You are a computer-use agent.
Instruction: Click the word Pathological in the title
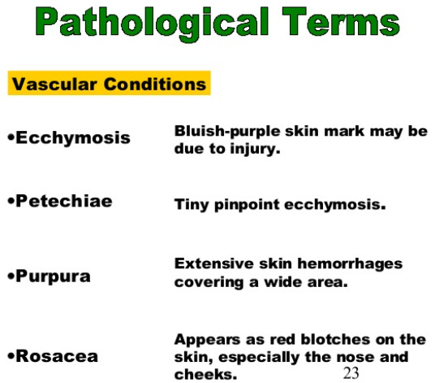[152, 24]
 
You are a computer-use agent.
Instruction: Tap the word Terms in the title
[341, 22]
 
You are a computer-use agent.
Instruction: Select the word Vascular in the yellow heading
[54, 84]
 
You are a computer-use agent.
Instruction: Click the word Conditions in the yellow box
[155, 84]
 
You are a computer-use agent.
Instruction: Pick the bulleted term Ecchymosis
[73, 138]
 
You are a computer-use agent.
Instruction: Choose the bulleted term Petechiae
[64, 201]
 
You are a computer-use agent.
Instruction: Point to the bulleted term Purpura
[53, 276]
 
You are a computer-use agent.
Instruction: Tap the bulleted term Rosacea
[57, 356]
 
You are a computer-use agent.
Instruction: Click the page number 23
[351, 372]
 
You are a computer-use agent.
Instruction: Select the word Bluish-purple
[227, 131]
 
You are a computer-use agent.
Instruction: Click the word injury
[255, 149]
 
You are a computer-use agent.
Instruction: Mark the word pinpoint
[247, 205]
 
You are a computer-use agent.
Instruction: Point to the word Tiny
[192, 205]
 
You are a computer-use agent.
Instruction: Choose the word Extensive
[214, 263]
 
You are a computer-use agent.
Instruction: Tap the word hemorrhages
[350, 264]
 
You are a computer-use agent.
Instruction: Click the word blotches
[335, 339]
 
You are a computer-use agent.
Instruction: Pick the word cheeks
[205, 374]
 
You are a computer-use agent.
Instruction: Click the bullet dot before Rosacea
[11, 355]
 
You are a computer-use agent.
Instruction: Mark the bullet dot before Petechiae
[11, 201]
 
